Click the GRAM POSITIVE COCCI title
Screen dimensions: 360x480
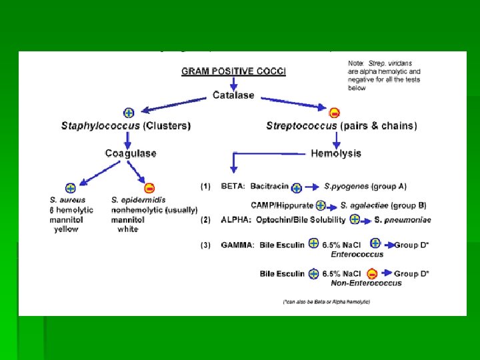point(233,71)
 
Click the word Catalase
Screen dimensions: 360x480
point(233,95)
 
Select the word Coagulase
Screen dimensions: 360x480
point(131,153)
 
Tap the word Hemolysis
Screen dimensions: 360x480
point(336,153)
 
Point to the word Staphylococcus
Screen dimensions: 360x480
point(98,125)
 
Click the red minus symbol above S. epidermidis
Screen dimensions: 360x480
point(150,188)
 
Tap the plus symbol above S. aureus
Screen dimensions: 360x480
point(71,188)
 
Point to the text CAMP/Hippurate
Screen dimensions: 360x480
point(282,205)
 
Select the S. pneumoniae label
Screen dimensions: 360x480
point(401,220)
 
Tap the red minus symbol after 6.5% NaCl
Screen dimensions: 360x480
point(372,273)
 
